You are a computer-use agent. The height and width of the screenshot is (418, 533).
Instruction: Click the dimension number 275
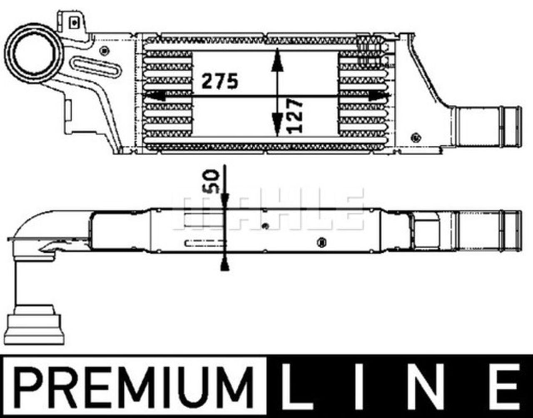220,81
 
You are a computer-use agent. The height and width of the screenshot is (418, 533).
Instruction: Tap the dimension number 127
295,116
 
